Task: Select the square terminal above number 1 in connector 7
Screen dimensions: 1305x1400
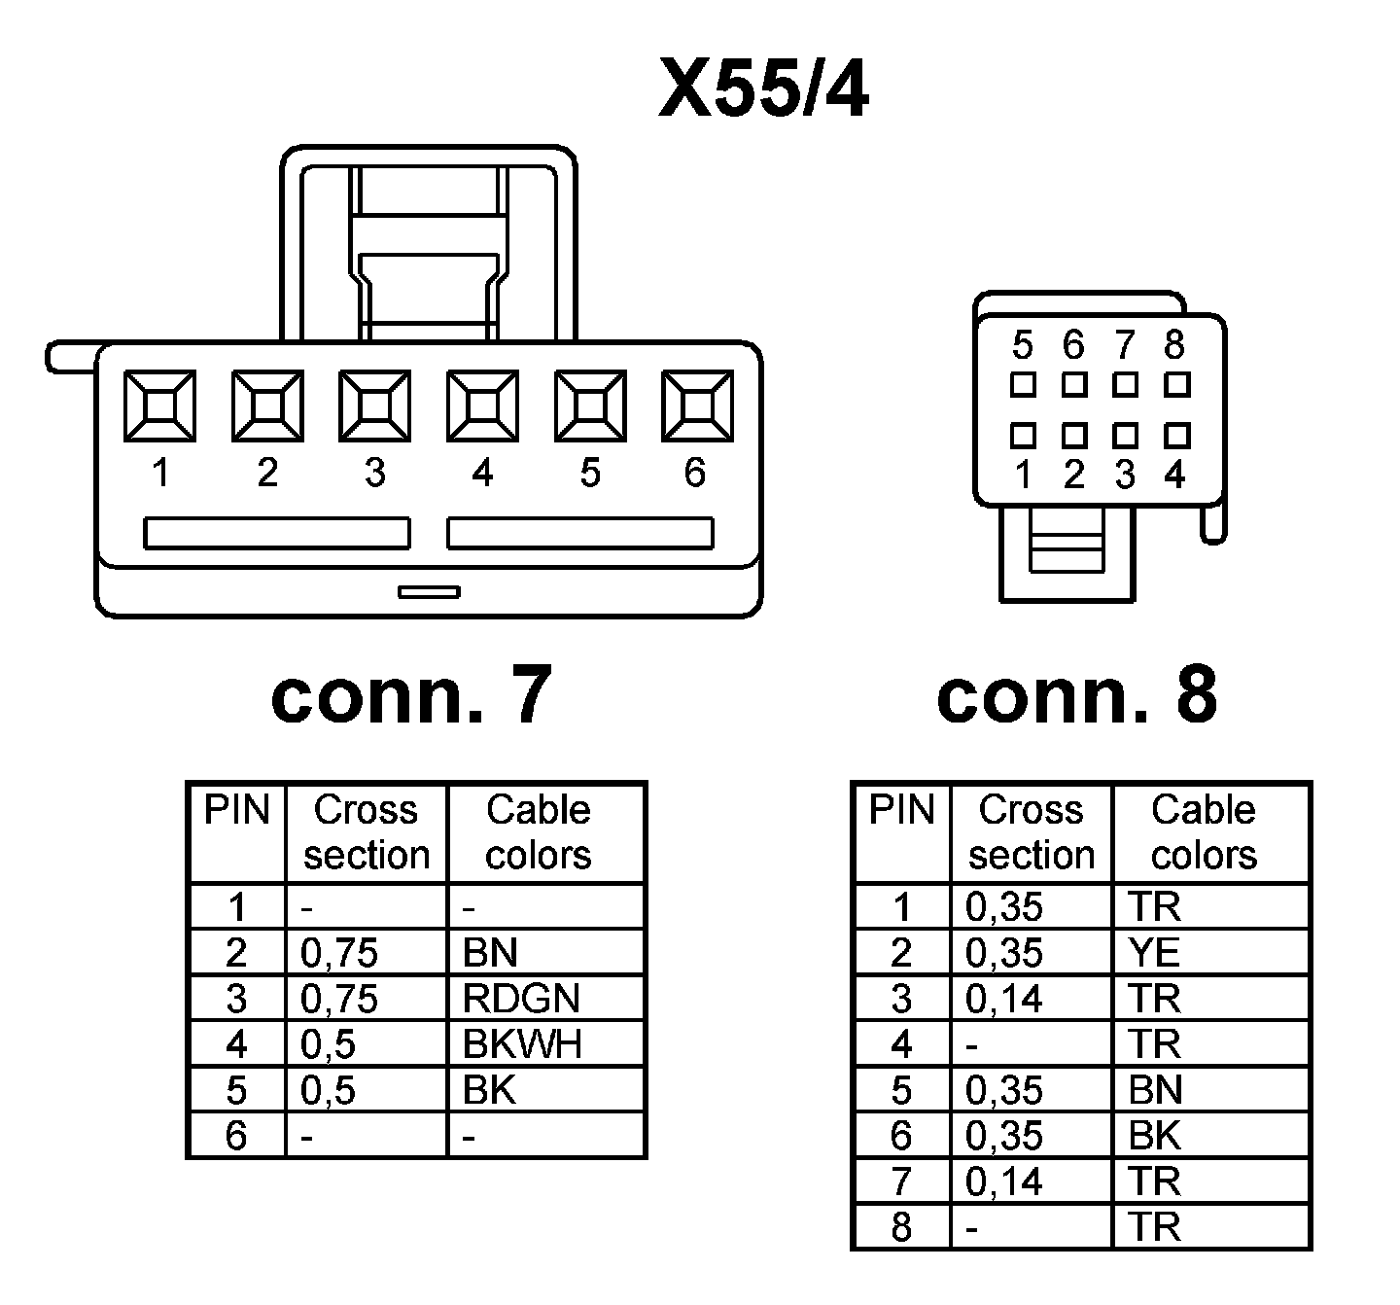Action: pos(159,405)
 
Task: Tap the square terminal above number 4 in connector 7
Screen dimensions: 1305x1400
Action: pos(482,405)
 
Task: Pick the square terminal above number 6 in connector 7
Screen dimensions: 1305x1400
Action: pos(697,405)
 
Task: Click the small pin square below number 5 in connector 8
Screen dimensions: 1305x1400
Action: pos(1022,385)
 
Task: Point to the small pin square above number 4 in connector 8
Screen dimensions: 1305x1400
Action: pos(1176,434)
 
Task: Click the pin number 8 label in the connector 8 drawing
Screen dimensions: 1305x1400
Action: pos(1174,344)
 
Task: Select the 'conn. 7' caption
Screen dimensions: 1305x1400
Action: pos(411,696)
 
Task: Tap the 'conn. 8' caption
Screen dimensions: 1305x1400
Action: pos(1076,696)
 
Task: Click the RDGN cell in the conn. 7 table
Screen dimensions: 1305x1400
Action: pos(521,999)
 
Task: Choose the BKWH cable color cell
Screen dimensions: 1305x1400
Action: pos(522,1044)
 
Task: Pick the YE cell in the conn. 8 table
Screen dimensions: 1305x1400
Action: pos(1154,953)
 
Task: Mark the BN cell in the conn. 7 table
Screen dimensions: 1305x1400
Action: pos(490,953)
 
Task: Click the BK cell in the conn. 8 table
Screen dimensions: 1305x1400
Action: pos(1155,1136)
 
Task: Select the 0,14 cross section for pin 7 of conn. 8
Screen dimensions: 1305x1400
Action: pos(1003,1182)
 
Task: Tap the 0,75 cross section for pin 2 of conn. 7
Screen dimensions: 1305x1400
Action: pos(338,953)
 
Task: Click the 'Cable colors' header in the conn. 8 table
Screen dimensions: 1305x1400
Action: pos(1204,832)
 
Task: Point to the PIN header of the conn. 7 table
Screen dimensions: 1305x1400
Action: pos(236,811)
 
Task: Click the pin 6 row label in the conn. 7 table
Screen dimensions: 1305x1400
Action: pos(236,1136)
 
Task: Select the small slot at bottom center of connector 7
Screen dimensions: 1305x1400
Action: pos(429,591)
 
